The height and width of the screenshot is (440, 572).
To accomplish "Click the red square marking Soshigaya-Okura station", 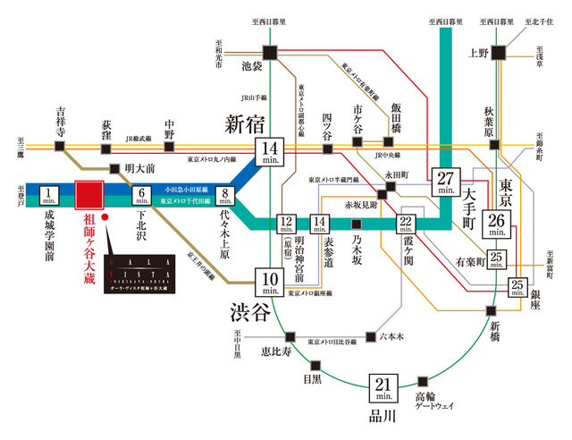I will point(89,196).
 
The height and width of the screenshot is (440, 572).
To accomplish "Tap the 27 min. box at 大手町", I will point(445,181).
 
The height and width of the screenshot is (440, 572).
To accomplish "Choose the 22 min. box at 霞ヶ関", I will point(406,229).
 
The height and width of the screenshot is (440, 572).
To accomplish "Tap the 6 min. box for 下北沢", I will point(142,196).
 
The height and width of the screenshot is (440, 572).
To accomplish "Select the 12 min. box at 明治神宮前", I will point(287,225).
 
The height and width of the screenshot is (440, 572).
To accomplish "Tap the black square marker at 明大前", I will point(114,168).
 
